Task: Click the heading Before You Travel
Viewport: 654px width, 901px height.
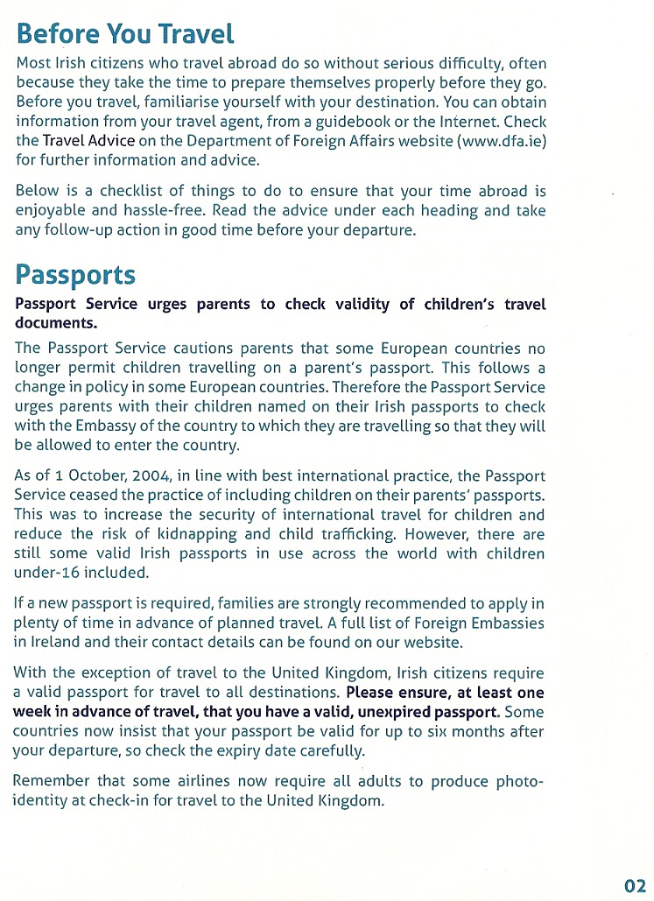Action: click(x=125, y=34)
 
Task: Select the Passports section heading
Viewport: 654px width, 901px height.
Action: click(x=75, y=274)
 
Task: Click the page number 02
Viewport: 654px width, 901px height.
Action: click(x=635, y=885)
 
